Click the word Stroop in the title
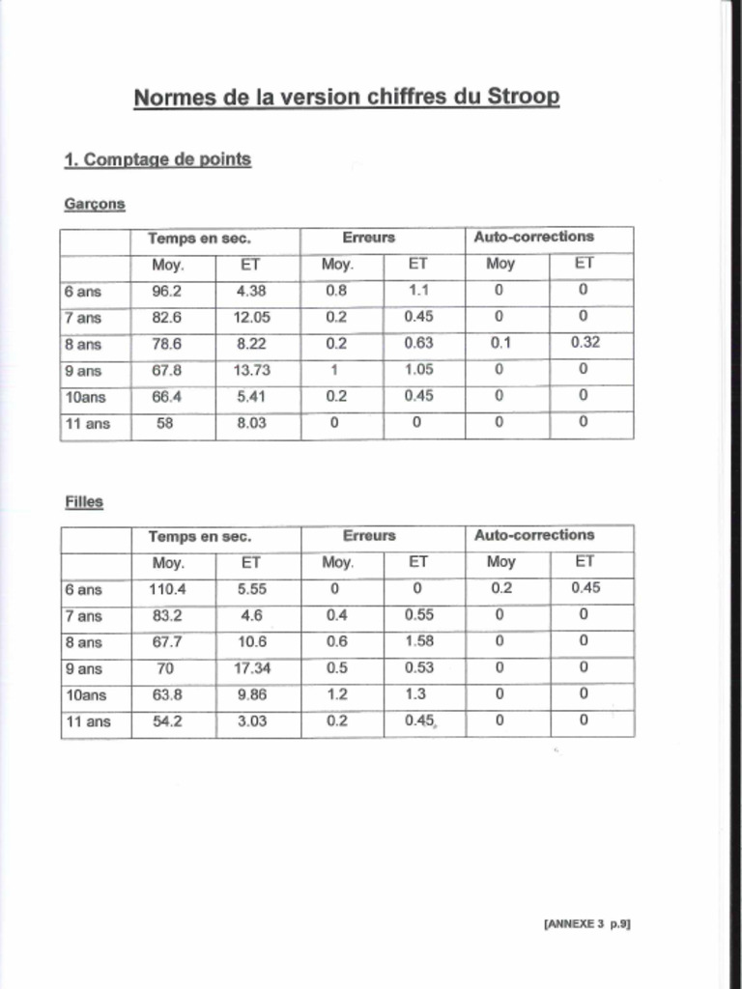tap(524, 98)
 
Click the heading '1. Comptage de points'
tap(157, 159)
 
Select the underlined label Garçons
tap(95, 205)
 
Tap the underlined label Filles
tap(84, 502)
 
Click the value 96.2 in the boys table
tap(167, 291)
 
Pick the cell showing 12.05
tap(251, 317)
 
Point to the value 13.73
tap(251, 370)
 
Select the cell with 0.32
tap(585, 343)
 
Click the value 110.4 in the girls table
tap(167, 588)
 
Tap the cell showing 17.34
tap(251, 667)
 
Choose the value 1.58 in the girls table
tap(419, 641)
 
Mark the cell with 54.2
tap(167, 721)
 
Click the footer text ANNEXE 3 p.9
tap(587, 924)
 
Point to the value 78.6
tap(167, 343)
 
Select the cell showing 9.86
tap(251, 694)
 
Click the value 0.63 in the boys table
tap(419, 343)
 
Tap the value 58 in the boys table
tap(165, 422)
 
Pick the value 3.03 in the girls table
tap(251, 721)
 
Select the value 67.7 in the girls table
tap(167, 641)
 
